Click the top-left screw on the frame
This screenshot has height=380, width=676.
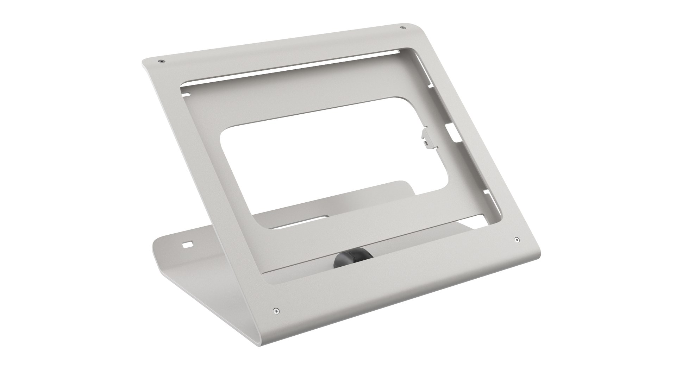click(161, 61)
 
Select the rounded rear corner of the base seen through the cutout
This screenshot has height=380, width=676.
click(405, 184)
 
